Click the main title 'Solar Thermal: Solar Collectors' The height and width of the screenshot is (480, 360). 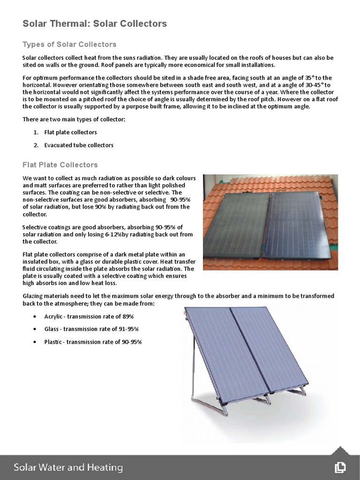pos(95,23)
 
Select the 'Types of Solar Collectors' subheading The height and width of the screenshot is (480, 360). pos(69,45)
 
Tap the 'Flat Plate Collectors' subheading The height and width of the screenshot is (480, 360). pos(60,165)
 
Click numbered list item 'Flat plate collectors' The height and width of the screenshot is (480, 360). pos(70,132)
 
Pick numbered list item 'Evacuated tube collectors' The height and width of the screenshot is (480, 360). pos(79,145)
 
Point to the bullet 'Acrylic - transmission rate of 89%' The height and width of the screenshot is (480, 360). pos(89,316)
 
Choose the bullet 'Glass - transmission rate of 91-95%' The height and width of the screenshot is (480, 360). pos(91,329)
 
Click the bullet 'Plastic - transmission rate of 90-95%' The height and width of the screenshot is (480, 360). pos(93,342)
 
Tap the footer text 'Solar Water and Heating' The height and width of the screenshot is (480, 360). pos(68,467)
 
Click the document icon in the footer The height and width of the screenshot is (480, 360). pos(340,467)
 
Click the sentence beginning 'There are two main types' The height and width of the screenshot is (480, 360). pos(74,120)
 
